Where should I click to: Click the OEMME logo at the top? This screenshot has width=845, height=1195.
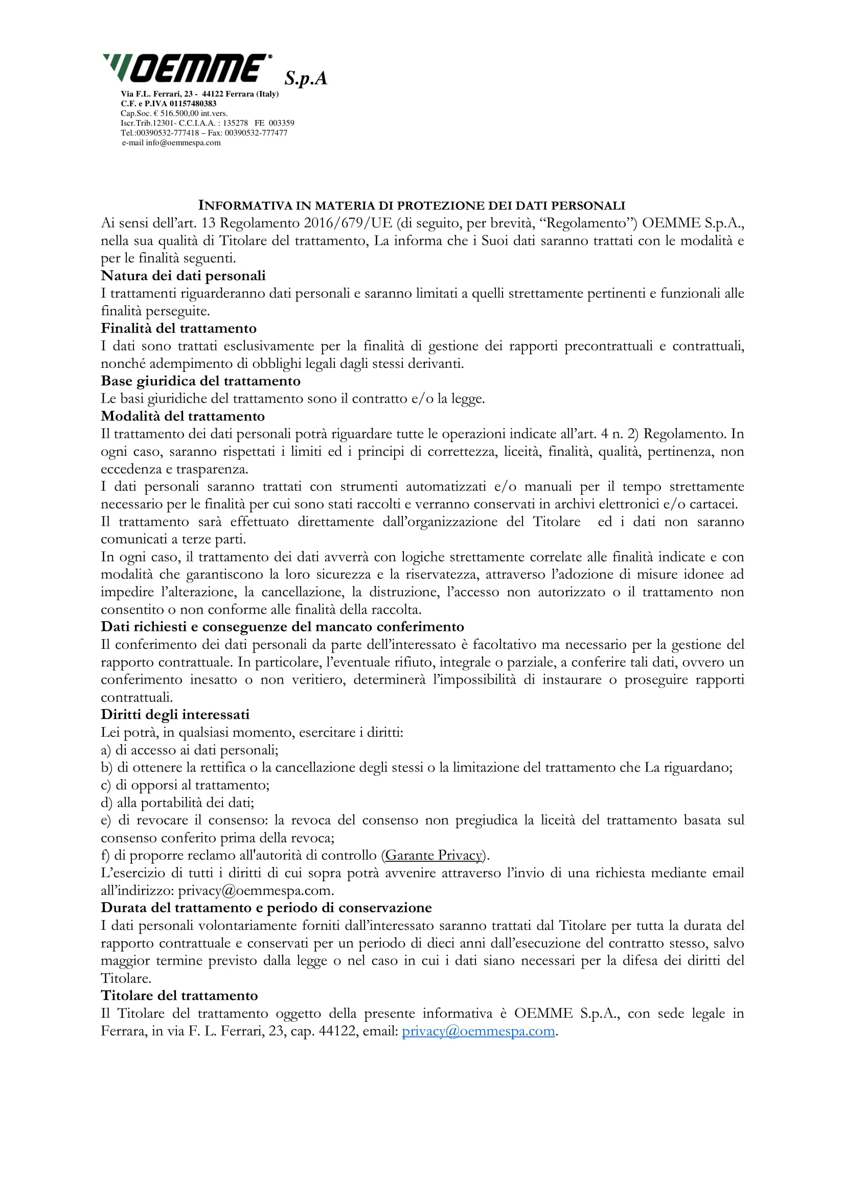188,68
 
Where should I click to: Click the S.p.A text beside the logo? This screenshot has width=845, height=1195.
306,79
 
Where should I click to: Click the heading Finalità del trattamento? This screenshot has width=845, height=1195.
178,329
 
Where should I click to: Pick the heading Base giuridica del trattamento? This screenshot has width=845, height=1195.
200,381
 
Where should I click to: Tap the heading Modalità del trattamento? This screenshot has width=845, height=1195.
182,416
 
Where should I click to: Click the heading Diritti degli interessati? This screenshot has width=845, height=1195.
175,715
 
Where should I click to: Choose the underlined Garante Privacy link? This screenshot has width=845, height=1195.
433,855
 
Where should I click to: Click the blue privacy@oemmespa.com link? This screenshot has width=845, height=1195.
478,1031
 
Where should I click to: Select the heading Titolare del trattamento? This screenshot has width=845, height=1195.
179,996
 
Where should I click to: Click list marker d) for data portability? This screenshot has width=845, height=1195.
106,803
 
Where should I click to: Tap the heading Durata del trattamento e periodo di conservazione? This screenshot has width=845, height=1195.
266,908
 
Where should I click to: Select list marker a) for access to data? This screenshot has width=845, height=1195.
106,750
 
